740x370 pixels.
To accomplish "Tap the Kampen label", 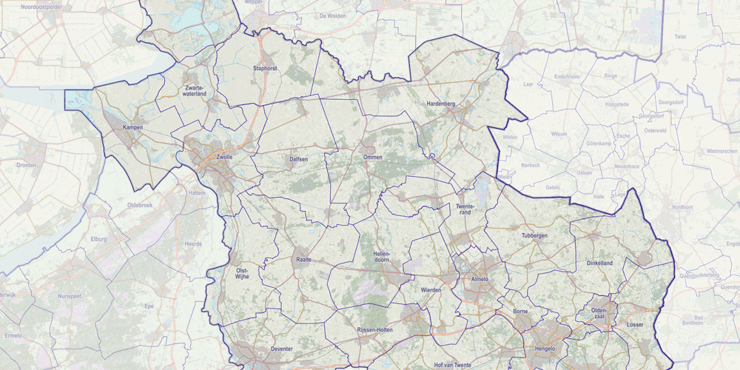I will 133,127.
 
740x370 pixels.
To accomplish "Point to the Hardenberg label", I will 441,104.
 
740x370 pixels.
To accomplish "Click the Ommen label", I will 372,158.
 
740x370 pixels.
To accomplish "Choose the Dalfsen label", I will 298,158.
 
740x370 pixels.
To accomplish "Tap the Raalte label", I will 303,260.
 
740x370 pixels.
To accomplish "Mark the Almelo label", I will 480,279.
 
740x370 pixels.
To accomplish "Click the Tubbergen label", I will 534,235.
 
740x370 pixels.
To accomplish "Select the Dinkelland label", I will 600,263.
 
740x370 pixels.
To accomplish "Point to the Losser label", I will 635,324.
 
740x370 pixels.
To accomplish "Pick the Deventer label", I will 283,349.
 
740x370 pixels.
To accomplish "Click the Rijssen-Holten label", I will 374,329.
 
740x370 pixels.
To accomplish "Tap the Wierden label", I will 430,290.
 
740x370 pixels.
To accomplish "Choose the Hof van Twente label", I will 452,366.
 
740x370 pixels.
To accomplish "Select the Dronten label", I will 27,165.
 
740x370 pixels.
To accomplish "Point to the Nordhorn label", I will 682,207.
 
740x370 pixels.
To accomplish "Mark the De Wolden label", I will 333,15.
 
